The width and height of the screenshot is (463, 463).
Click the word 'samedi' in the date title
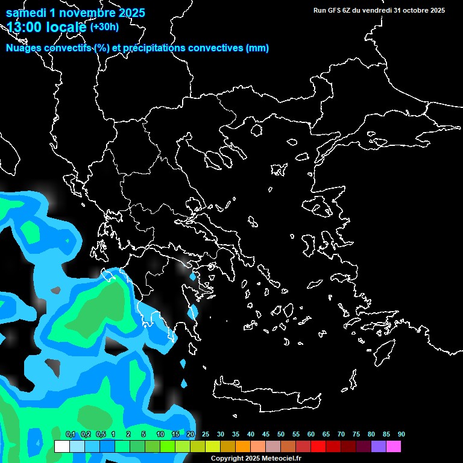[27, 13]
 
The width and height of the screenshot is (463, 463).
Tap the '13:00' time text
[24, 27]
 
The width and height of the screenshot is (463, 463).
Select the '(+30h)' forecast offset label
[104, 27]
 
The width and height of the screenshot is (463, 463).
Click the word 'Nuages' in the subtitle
[24, 48]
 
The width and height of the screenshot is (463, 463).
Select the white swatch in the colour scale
[61, 446]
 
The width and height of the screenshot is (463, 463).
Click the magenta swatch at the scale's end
[393, 446]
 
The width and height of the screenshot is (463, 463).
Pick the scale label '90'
[401, 435]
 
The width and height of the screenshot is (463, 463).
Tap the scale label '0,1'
[70, 435]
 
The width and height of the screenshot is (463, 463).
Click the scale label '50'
[280, 435]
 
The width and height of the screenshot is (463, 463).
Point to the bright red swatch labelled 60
[318, 446]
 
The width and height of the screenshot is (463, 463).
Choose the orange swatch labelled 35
[242, 446]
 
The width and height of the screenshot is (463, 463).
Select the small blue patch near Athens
[192, 277]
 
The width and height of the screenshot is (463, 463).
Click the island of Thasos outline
[256, 130]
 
